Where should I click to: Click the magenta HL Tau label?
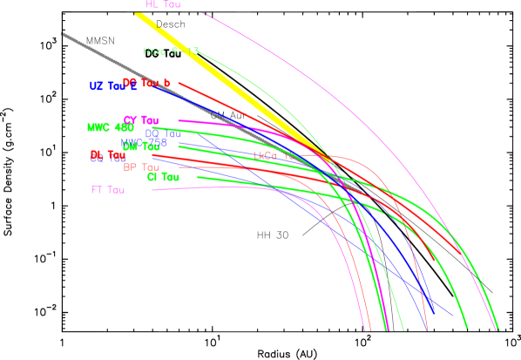(x=163, y=5)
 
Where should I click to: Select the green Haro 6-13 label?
(x=171, y=51)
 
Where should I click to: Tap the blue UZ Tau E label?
(x=112, y=86)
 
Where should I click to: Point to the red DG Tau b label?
(x=146, y=83)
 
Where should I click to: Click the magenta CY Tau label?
(x=140, y=120)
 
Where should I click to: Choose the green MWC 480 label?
(x=110, y=127)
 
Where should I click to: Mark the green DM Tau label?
(x=140, y=146)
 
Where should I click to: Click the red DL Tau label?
(x=107, y=155)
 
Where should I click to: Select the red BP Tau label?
(x=140, y=167)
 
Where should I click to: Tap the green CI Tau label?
(x=163, y=177)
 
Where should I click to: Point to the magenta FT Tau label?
(x=107, y=189)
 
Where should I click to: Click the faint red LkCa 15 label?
(x=275, y=156)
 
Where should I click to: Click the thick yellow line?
(x=227, y=78)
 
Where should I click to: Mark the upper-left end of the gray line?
(x=61, y=34)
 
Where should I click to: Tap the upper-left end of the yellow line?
(x=138, y=13)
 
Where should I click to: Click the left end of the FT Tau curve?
(x=152, y=189)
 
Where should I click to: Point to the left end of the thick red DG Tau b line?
(x=179, y=83)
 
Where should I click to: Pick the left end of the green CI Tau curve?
(x=198, y=177)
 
